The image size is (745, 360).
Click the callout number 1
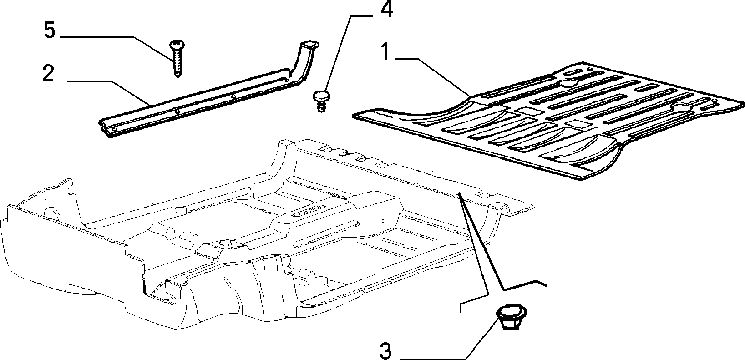point(385,52)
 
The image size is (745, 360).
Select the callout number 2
point(49,74)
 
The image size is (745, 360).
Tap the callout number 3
point(385,351)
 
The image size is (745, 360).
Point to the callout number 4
point(387,10)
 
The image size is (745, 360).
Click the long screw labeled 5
point(177,59)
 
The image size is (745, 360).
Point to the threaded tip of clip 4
point(321,107)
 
